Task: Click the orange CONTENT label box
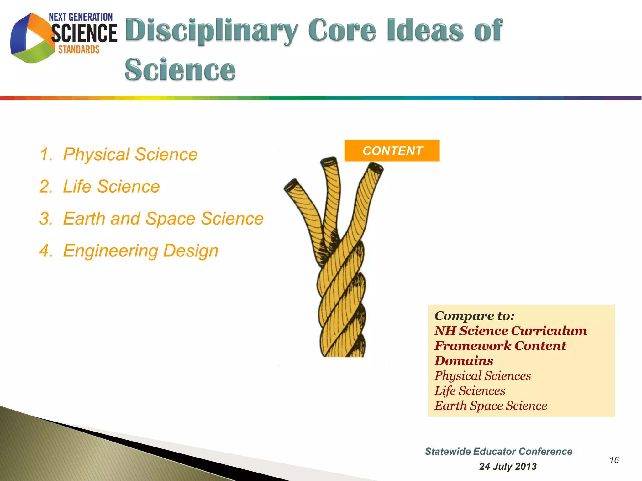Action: (392, 151)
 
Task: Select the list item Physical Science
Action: (130, 154)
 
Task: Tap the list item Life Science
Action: (111, 187)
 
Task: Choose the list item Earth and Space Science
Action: (163, 219)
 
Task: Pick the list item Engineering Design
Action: (140, 251)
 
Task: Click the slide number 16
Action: (614, 460)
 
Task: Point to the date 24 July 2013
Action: (508, 466)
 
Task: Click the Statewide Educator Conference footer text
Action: (498, 451)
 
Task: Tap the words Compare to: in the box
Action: (474, 316)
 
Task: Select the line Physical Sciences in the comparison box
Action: (483, 376)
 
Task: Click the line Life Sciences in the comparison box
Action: (470, 391)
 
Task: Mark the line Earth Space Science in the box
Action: (491, 406)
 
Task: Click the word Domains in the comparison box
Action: (464, 361)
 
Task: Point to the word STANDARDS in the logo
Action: (79, 49)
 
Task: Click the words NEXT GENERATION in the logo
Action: (81, 17)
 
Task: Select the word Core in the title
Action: (342, 30)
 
